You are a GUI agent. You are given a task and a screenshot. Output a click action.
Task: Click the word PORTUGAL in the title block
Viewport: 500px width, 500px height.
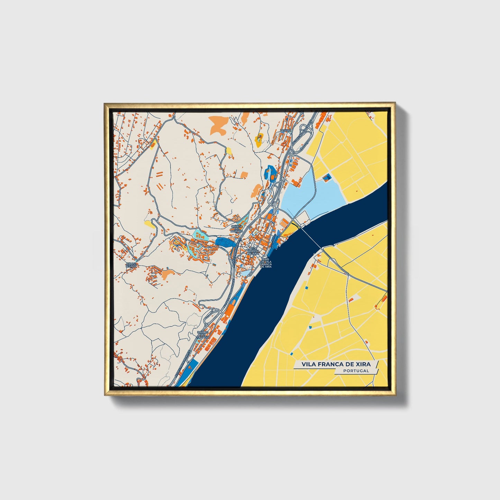tap(356, 371)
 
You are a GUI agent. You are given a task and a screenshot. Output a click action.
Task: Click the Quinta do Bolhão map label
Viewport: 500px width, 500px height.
tap(237, 228)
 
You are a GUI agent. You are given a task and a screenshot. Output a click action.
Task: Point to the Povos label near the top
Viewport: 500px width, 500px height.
tap(286, 130)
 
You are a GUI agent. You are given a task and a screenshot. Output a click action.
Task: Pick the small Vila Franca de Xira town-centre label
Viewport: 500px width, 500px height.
tap(253, 251)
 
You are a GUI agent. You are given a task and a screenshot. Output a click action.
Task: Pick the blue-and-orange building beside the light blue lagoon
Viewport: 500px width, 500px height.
tap(327, 178)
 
